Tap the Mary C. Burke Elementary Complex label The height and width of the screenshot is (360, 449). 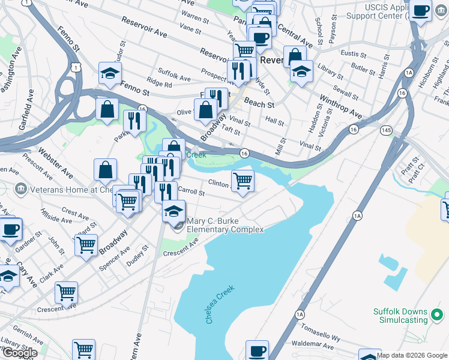(225, 225)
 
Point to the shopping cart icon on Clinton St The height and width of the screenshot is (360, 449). (243, 179)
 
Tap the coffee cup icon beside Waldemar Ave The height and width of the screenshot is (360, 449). (257, 350)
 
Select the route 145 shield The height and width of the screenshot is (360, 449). (387, 130)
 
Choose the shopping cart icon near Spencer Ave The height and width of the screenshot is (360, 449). (86, 244)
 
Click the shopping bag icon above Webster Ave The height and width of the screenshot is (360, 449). (106, 170)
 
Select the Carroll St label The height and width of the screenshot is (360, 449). (191, 193)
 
